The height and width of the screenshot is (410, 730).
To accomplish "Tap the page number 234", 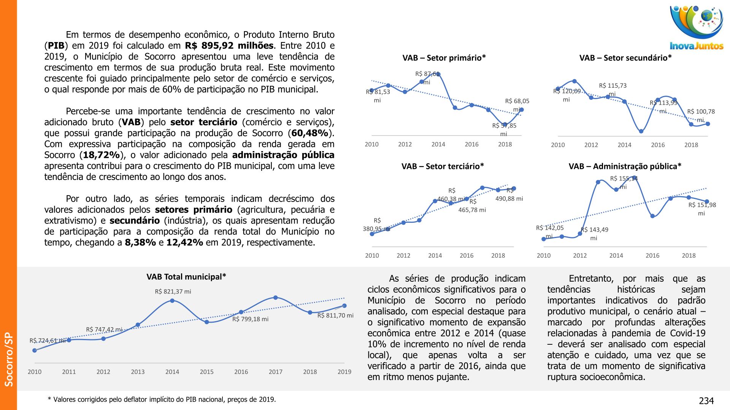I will [x=706, y=401].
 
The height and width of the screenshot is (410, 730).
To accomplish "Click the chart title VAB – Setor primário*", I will [x=444, y=58].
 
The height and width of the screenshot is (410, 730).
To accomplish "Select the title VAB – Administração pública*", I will [x=625, y=167].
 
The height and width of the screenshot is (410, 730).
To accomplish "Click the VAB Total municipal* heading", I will [x=186, y=277].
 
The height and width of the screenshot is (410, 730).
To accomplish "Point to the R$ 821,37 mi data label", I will [x=173, y=292].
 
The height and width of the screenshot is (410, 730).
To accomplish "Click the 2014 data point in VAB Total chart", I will [x=172, y=301].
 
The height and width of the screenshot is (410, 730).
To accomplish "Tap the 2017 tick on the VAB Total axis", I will [x=275, y=372].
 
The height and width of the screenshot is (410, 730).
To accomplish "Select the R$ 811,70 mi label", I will [x=335, y=315].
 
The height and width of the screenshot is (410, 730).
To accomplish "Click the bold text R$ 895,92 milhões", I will [x=229, y=46].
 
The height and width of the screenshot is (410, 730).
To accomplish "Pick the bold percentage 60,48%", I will [x=310, y=133].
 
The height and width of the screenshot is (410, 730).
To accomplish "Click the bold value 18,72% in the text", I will [x=102, y=155].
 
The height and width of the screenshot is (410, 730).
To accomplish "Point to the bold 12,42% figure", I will [x=184, y=243].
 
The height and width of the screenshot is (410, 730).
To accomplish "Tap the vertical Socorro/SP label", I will [x=9, y=359].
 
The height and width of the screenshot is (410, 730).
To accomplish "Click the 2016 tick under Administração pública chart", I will [x=652, y=256].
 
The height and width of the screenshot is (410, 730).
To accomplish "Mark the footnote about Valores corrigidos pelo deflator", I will [x=162, y=400].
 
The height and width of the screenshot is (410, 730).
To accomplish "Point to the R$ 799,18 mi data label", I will [x=250, y=319].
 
